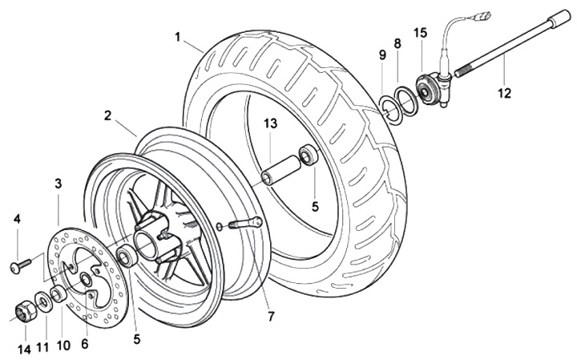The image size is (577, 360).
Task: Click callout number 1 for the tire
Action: pyautogui.click(x=177, y=36)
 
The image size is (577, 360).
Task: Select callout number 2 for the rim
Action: pyautogui.click(x=107, y=115)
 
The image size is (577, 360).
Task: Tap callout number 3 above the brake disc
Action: pyautogui.click(x=59, y=184)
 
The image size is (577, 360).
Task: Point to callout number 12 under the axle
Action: pyautogui.click(x=502, y=93)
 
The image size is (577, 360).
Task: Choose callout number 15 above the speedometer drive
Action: pyautogui.click(x=421, y=32)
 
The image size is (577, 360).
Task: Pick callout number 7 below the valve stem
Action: pyautogui.click(x=271, y=316)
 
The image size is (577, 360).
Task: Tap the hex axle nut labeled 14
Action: pyautogui.click(x=24, y=309)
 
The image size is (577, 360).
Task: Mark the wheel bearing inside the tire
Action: pyautogui.click(x=309, y=154)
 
